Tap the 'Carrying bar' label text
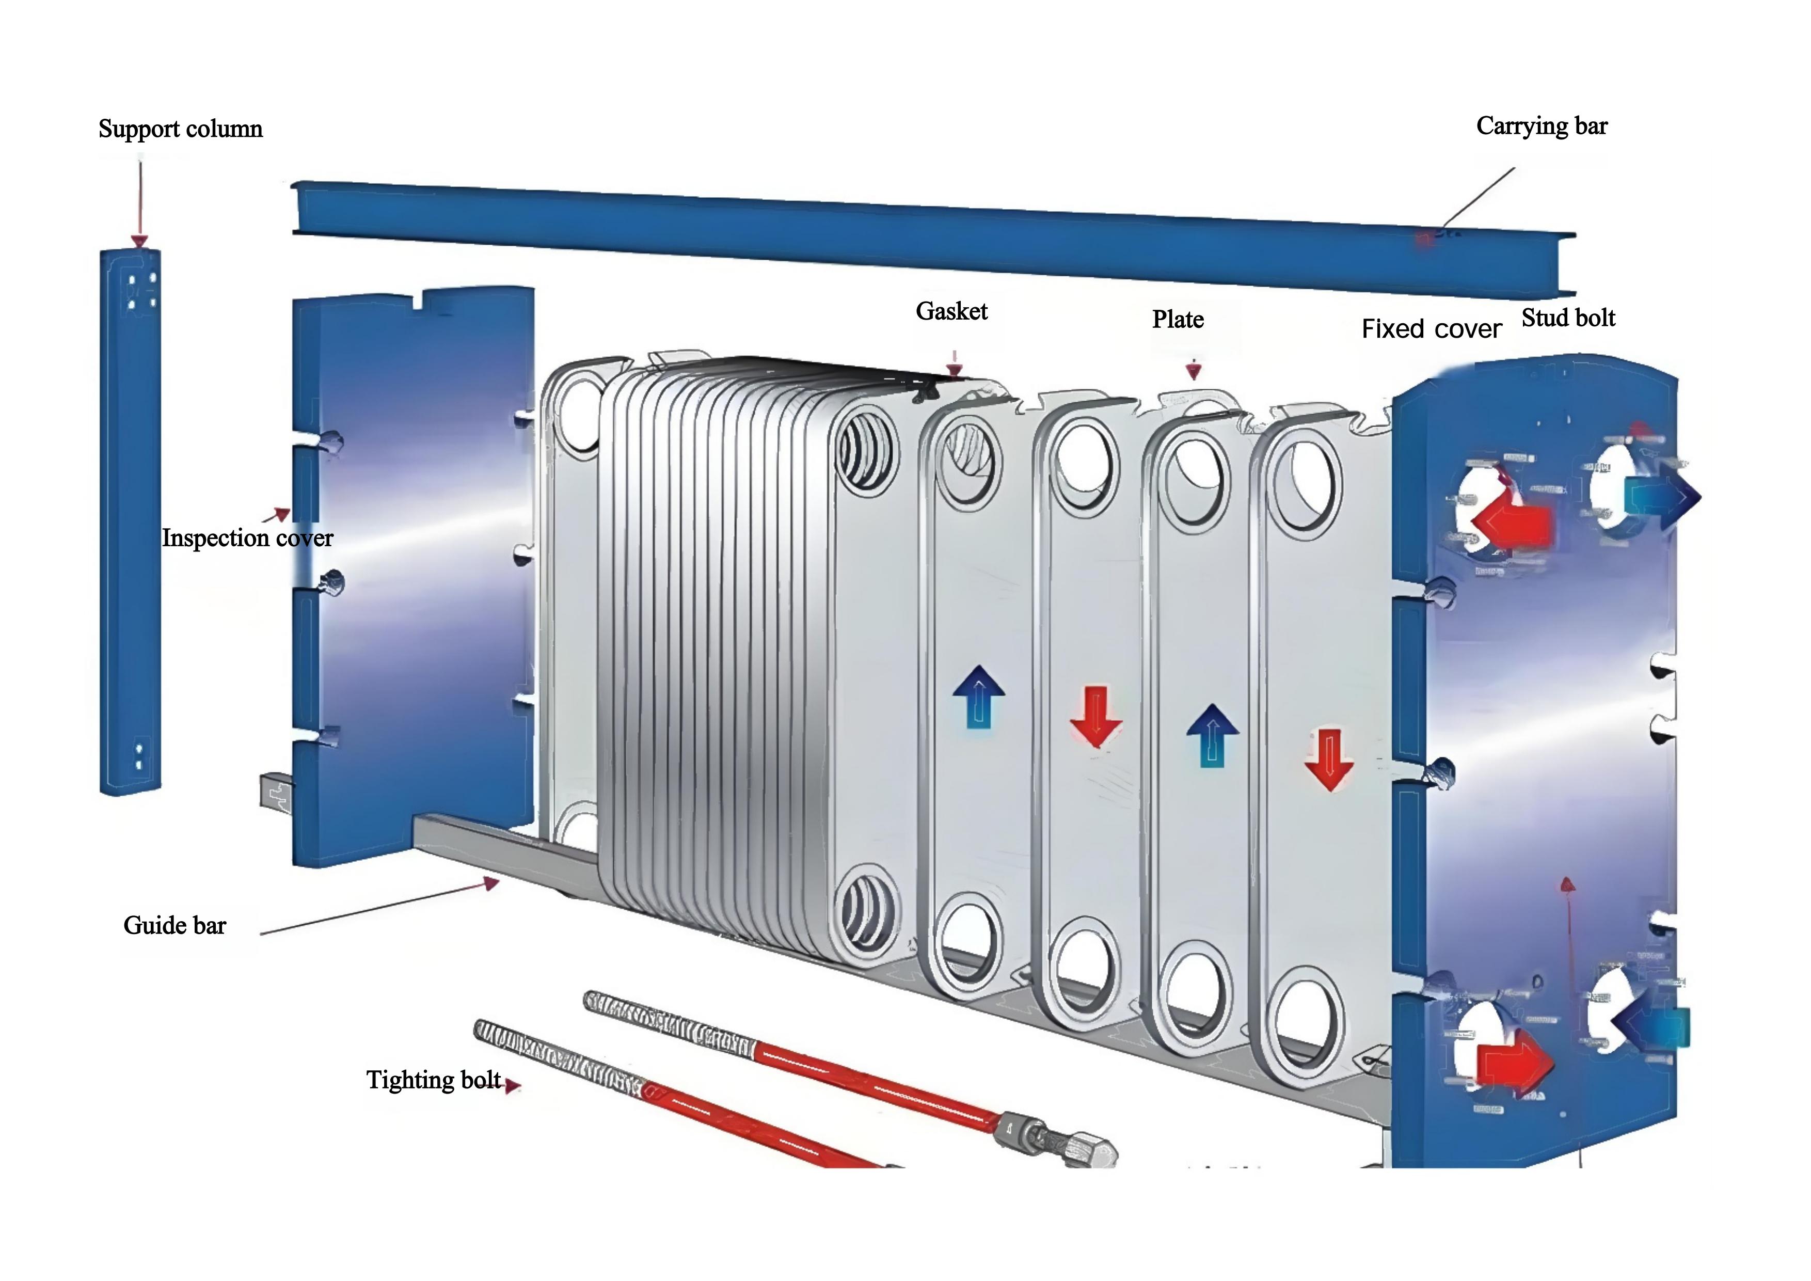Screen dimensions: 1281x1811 [1541, 126]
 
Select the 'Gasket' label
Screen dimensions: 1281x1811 [951, 311]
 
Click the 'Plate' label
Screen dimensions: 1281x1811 [1178, 320]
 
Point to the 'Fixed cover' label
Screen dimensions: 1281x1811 [1431, 329]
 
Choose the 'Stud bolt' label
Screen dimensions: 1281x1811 [1568, 318]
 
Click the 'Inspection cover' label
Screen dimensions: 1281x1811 [247, 538]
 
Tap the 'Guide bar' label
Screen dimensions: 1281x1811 [174, 925]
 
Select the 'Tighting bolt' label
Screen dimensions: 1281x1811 [433, 1080]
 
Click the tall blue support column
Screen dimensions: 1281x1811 [130, 520]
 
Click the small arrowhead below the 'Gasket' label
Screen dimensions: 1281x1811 [955, 370]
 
